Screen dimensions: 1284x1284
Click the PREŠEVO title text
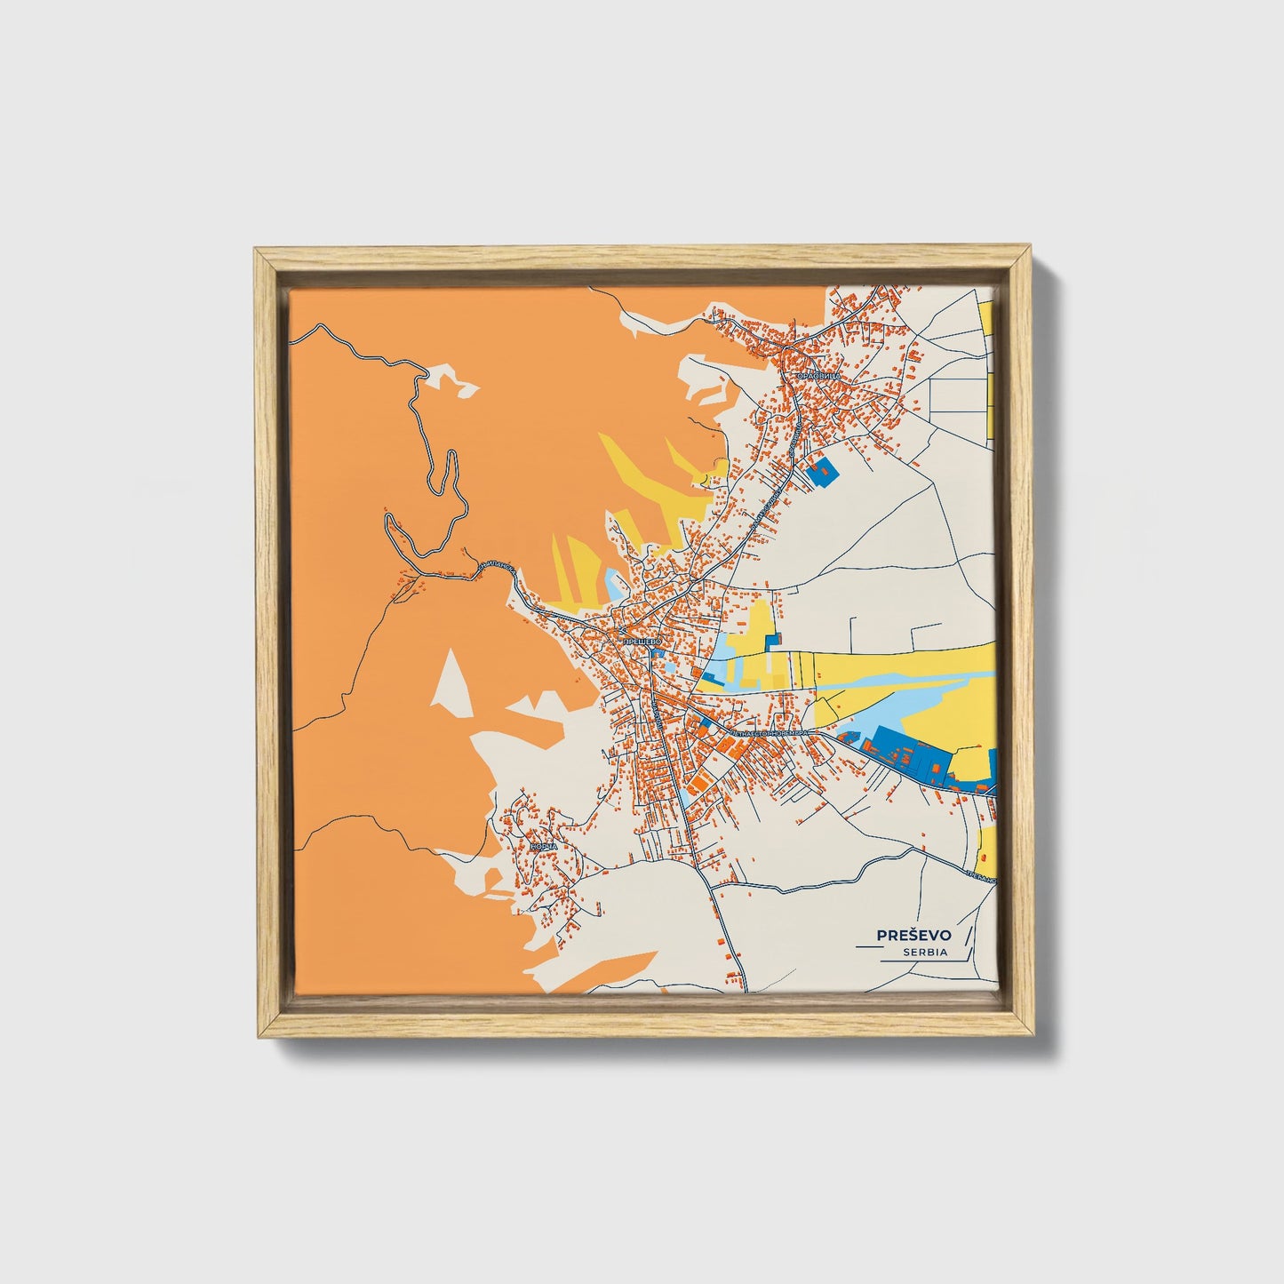[913, 935]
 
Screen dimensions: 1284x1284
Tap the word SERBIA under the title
[924, 952]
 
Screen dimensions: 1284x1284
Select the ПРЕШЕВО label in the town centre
[641, 640]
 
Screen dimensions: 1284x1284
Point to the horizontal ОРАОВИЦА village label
[818, 376]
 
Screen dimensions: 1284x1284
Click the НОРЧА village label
[543, 847]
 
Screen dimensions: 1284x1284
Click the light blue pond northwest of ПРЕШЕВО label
[614, 585]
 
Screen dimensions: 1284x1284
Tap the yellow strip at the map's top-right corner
[987, 329]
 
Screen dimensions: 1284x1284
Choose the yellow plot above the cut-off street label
[985, 849]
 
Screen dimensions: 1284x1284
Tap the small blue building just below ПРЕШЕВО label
[658, 654]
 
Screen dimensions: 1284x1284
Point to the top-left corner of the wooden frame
[258, 252]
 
